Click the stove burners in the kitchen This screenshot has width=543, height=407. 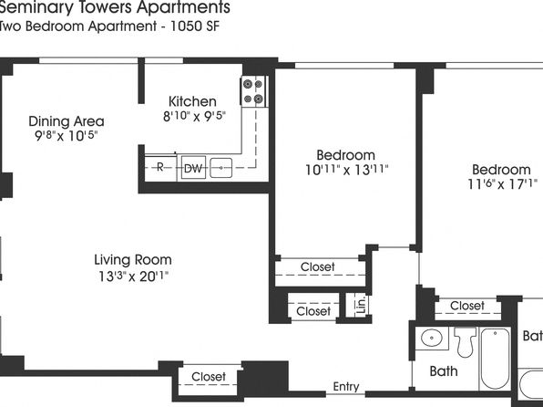coord(253,91)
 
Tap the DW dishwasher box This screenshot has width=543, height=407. coord(193,168)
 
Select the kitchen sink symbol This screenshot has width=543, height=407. coord(221,168)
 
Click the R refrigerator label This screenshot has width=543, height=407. coord(160,167)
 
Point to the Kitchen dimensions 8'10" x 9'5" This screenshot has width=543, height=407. coord(194,116)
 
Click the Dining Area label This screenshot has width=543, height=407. coord(67,121)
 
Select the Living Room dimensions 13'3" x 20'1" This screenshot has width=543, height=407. coord(133,277)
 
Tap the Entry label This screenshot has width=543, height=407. coord(346,387)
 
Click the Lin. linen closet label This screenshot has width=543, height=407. coord(361,305)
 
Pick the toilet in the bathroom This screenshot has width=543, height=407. coord(465,341)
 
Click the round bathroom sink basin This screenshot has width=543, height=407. coord(432,338)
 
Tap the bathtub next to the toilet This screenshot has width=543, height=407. coord(496,359)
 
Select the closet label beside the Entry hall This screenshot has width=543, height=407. coord(209,377)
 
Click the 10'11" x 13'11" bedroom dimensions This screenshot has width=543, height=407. coord(346,170)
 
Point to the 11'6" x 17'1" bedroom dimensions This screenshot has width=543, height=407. coord(503,184)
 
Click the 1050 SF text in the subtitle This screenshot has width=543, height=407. coord(194,26)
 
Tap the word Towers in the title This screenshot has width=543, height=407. coord(105,7)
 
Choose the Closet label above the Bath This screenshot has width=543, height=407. coord(467,306)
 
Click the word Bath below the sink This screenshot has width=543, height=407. coord(444,371)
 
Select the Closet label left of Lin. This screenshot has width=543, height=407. coord(313,311)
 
